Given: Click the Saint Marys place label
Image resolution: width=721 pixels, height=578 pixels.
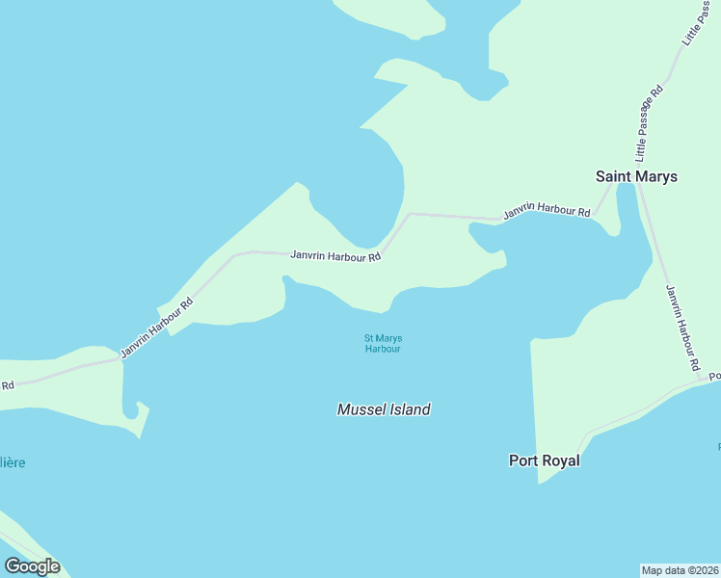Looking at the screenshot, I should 636,176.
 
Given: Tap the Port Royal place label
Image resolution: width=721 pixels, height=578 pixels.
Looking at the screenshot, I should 545,460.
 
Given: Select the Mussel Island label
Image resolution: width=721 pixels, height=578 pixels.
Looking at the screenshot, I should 384,409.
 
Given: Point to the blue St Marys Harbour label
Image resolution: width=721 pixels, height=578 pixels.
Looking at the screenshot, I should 383,343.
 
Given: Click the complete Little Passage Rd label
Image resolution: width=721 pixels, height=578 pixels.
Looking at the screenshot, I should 649,122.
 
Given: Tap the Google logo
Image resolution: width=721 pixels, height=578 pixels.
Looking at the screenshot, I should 32,566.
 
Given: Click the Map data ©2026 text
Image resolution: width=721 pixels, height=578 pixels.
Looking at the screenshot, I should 680,569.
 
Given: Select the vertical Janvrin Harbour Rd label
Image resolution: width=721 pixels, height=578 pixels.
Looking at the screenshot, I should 681,328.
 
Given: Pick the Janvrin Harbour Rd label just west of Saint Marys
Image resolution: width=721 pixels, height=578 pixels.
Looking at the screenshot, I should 546,211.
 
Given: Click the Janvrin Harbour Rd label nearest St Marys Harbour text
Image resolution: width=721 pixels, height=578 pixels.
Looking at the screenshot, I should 335,256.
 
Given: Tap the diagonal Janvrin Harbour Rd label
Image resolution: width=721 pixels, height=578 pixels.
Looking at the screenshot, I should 157,328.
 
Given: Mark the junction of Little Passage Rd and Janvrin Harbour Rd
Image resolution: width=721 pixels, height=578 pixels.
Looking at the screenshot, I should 635,185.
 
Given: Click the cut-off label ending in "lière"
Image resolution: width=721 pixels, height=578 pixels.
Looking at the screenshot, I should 13,462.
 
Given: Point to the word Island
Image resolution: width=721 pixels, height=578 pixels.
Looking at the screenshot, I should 409,409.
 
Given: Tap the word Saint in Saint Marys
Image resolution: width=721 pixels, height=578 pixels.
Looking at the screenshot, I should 614,176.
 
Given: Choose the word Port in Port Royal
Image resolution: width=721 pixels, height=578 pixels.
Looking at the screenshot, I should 522,460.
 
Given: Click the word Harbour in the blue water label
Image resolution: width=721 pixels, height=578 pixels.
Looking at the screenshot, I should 383,349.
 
